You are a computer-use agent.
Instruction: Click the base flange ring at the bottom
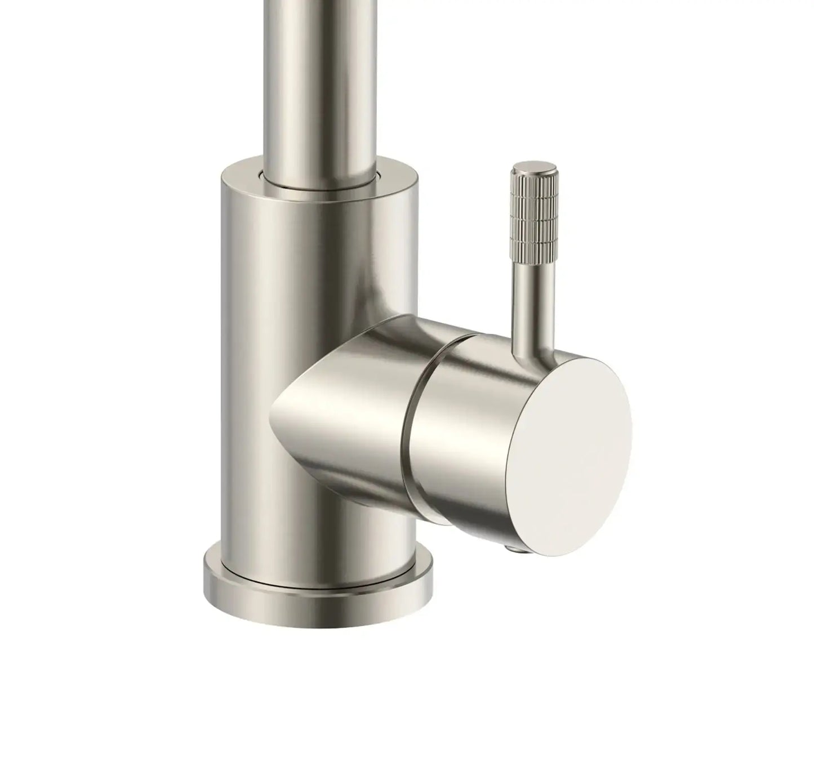pos(318,603)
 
